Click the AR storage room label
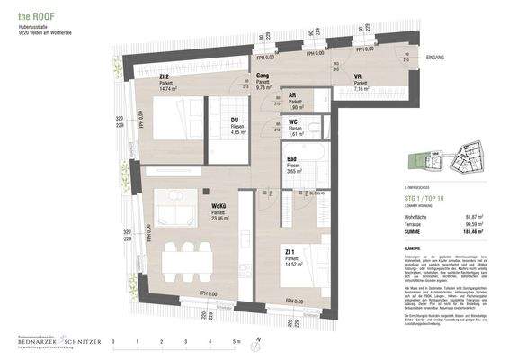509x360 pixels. point(292,95)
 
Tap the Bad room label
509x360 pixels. point(291,160)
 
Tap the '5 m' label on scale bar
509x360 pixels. point(235,343)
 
